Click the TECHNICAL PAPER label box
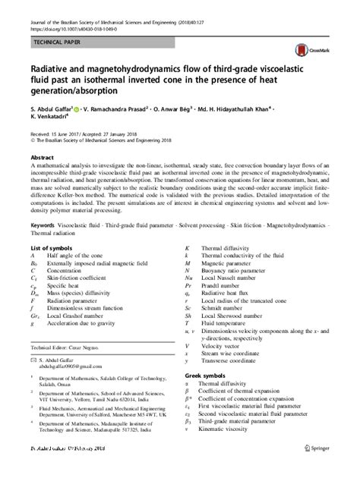point(58,45)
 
